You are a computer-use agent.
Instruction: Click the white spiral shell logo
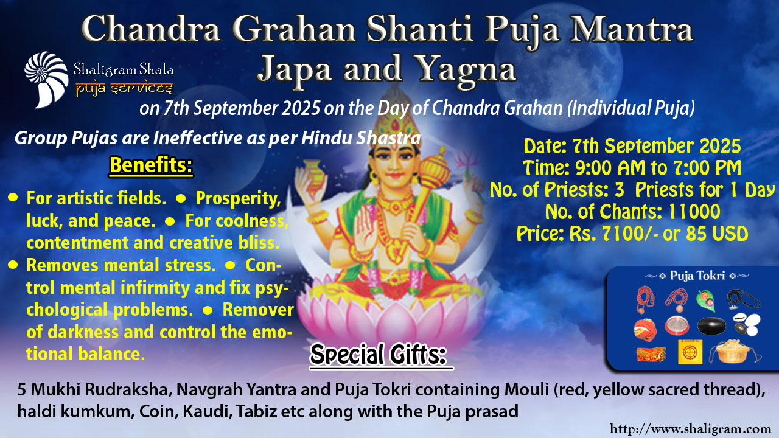46,79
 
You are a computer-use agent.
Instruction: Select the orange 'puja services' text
124,89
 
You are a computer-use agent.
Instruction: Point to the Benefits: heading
151,166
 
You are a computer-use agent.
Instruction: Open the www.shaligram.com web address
694,429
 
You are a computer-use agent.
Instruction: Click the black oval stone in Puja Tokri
711,325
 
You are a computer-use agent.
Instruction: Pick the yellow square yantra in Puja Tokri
690,352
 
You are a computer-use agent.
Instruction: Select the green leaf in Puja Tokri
705,301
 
